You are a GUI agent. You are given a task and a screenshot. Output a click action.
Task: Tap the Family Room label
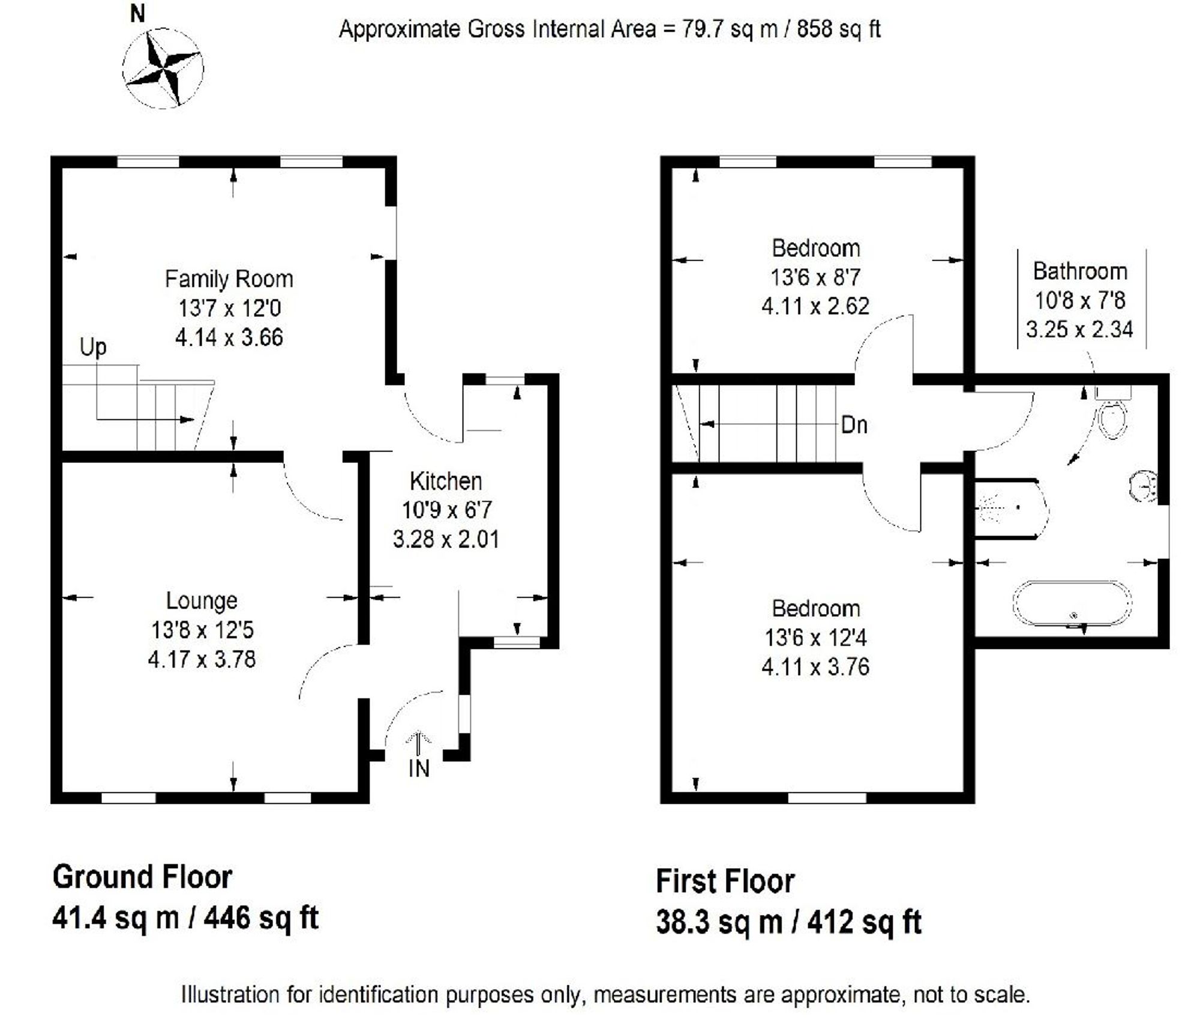(x=229, y=279)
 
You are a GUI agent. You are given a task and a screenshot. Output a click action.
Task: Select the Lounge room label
(x=202, y=601)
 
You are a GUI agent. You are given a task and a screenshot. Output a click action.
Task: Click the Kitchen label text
(x=446, y=481)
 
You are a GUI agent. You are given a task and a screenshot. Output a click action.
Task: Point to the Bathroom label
(x=1080, y=271)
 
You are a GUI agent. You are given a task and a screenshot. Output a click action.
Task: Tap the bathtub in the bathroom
(x=1072, y=604)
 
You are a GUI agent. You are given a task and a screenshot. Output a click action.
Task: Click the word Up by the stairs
(x=93, y=348)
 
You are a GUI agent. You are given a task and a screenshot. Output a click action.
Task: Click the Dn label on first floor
(x=854, y=425)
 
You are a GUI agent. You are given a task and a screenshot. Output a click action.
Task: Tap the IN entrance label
(x=419, y=768)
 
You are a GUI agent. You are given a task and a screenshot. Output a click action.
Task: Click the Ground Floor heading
(x=142, y=877)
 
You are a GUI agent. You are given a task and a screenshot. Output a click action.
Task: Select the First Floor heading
(x=725, y=881)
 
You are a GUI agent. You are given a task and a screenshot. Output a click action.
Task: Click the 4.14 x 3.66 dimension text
(x=229, y=337)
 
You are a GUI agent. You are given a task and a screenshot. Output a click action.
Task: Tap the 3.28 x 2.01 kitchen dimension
(x=446, y=539)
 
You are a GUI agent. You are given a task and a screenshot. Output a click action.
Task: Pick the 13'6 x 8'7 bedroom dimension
(x=815, y=277)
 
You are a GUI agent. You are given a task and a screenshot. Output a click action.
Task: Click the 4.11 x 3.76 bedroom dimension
(x=815, y=667)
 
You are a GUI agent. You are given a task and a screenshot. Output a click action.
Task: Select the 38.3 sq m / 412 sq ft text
(x=788, y=922)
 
